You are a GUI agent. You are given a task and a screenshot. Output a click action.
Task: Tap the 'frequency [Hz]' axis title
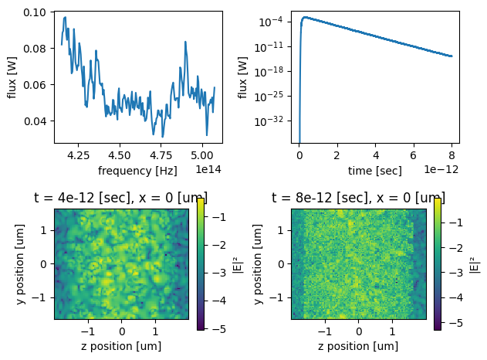137,170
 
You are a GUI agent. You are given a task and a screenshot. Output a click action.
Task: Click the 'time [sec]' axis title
375,170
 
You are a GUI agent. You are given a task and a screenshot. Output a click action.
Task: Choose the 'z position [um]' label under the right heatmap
358,346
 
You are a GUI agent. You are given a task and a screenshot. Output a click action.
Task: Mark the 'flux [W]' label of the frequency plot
12,77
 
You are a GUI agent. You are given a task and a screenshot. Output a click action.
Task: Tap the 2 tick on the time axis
337,155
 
